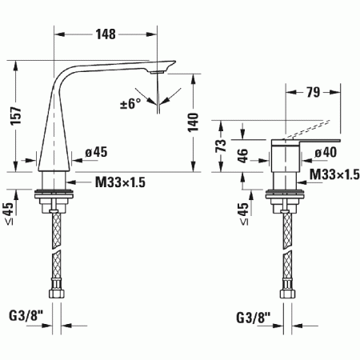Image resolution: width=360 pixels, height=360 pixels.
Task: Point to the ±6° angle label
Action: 130,102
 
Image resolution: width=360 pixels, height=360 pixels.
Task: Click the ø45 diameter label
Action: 97,152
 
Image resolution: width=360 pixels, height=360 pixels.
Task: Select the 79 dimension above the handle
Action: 314,93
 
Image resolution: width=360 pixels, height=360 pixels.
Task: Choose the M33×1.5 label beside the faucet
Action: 120,183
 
